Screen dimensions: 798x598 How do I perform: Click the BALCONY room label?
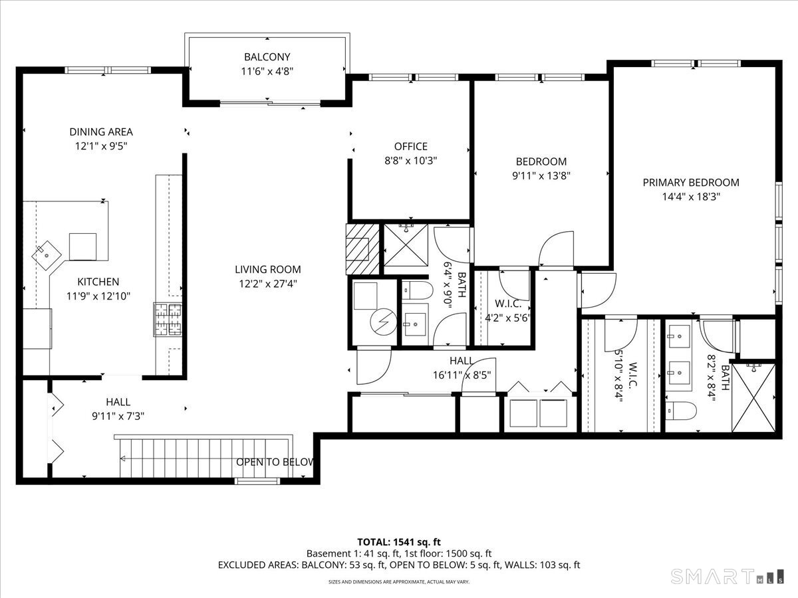pos(267,57)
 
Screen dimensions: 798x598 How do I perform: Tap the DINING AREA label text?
pos(101,132)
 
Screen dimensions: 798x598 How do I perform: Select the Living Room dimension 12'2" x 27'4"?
pos(268,284)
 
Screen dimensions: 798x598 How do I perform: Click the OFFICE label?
pos(411,146)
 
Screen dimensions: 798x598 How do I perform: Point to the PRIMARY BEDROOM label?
pos(691,182)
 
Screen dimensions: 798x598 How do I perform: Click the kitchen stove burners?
pos(168,320)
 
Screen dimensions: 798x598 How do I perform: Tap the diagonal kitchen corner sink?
pos(47,255)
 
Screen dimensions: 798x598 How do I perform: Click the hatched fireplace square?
pos(362,249)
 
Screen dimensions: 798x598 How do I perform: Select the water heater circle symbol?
pos(384,322)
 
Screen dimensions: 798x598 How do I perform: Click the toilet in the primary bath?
pos(681,411)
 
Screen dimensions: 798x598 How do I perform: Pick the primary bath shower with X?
pos(753,398)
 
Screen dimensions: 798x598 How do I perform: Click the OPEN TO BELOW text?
pos(275,462)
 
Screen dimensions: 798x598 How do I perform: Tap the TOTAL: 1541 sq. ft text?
pos(399,542)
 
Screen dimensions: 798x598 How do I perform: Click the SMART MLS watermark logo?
pos(727,576)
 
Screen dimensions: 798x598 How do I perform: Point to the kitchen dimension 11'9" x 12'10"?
pos(98,296)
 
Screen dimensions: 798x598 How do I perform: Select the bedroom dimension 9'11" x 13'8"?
pos(541,175)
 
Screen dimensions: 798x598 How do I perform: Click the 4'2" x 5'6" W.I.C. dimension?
pos(507,318)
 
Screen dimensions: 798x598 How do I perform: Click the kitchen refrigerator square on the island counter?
pos(82,247)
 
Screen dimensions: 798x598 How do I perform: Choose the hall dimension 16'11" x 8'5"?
pos(462,375)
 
